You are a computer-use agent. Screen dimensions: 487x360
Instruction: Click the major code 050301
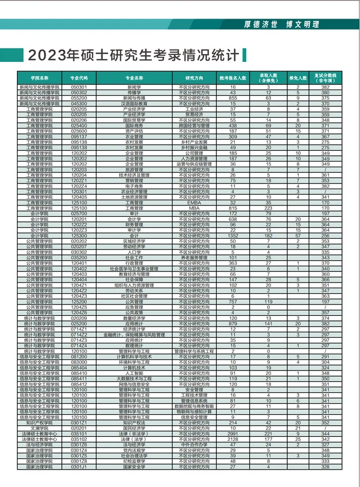pyautogui.click(x=79, y=88)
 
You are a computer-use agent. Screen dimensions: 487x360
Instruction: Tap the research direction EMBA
pyautogui.click(x=194, y=203)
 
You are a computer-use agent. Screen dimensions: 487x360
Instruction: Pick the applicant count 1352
pyautogui.click(x=233, y=236)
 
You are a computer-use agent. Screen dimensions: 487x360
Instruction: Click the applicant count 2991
pyautogui.click(x=233, y=434)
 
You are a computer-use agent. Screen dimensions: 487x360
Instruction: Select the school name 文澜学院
pyautogui.click(x=39, y=428)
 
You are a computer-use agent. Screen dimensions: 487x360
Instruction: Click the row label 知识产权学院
pyautogui.click(x=39, y=422)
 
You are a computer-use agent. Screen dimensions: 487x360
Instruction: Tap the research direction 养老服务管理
pyautogui.click(x=194, y=257)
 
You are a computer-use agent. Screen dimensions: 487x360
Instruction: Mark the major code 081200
pyautogui.click(x=79, y=357)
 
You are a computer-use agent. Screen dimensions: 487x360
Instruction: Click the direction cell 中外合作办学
pyautogui.click(x=194, y=444)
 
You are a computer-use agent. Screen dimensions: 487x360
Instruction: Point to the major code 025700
pyautogui.click(x=79, y=214)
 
